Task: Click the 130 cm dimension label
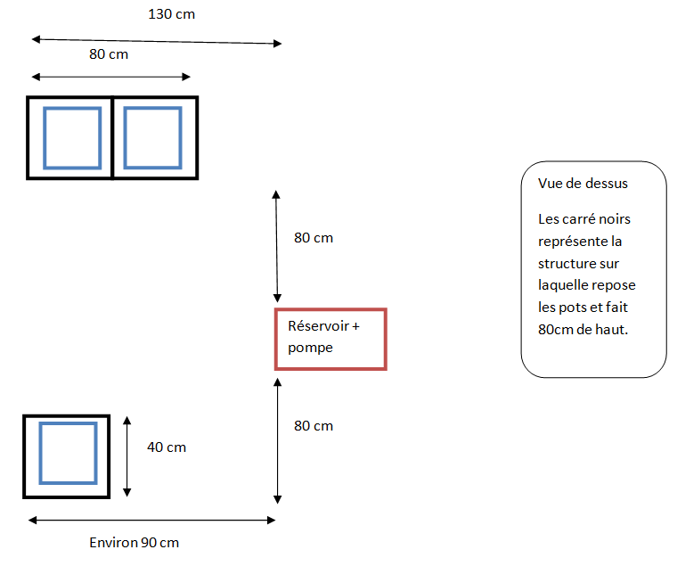click(x=171, y=14)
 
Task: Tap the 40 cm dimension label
click(x=166, y=447)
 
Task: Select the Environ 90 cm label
click(x=134, y=542)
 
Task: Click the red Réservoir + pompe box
click(x=330, y=339)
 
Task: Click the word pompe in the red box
click(x=310, y=348)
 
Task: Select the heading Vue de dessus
click(x=583, y=184)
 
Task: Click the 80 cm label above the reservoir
click(x=314, y=238)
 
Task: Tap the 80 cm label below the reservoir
click(x=314, y=426)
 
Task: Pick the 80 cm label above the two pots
click(x=108, y=54)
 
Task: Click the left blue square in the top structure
click(x=72, y=137)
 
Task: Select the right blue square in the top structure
click(x=152, y=137)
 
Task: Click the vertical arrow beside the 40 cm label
click(x=127, y=455)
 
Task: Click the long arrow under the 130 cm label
click(x=157, y=41)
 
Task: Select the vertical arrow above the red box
click(x=276, y=246)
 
